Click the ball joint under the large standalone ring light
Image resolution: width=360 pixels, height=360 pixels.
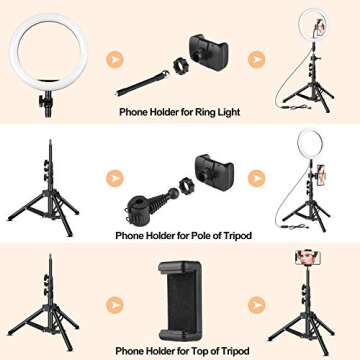(x=45, y=101)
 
